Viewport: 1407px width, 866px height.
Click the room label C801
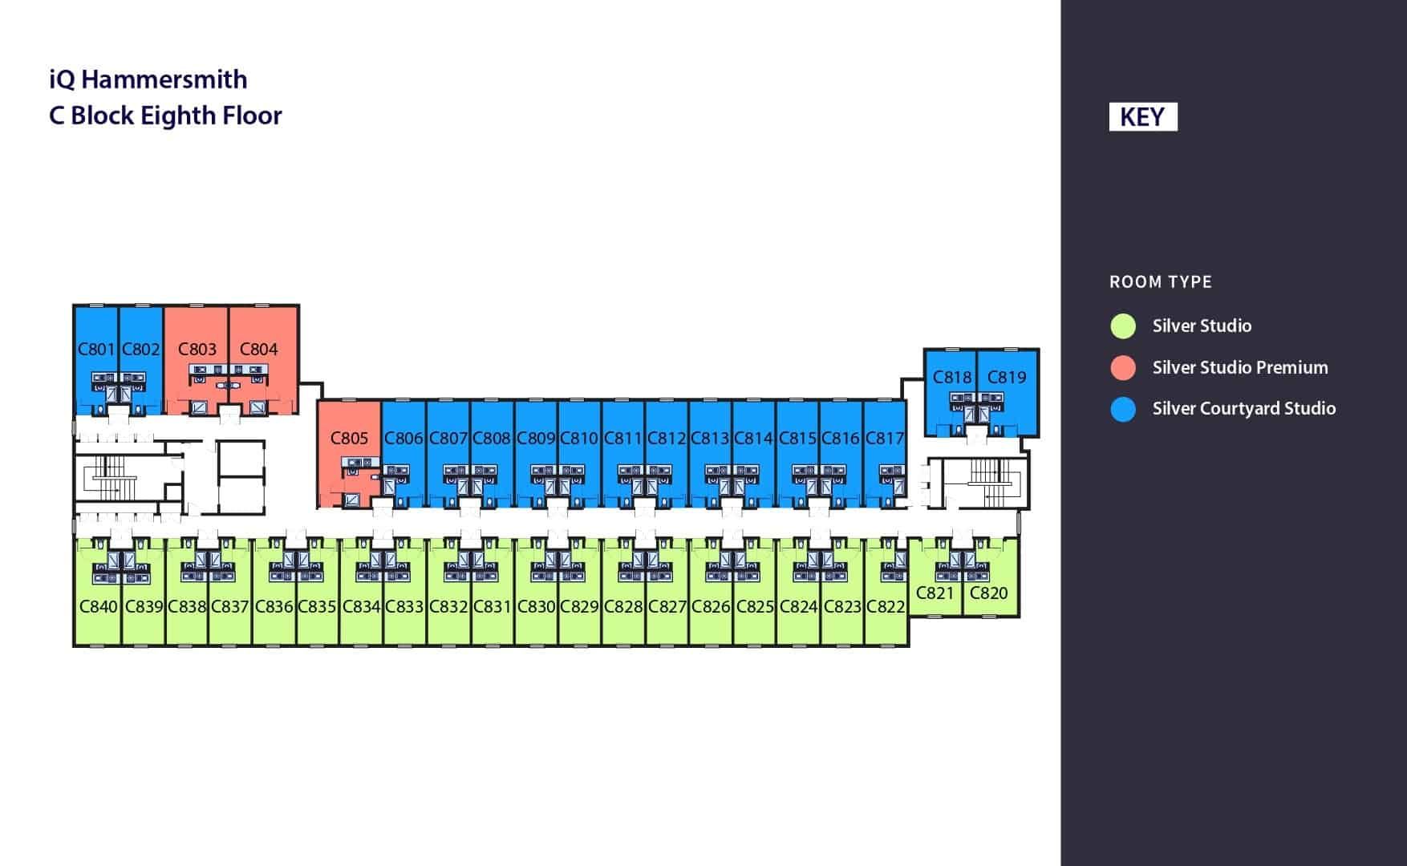tap(96, 350)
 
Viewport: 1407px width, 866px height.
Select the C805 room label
tap(349, 439)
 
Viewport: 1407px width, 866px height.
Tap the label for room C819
tap(1007, 378)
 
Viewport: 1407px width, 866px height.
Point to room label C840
tap(98, 607)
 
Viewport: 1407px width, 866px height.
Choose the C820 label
tap(988, 593)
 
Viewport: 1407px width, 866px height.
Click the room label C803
tap(197, 350)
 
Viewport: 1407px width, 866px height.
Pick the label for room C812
tap(667, 439)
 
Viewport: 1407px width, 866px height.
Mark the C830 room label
tap(536, 607)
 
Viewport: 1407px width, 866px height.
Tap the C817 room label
tap(885, 439)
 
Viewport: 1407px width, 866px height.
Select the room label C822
tap(886, 607)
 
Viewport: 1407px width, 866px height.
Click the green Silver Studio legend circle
tap(1123, 326)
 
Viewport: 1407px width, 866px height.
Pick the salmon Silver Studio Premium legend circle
tap(1123, 368)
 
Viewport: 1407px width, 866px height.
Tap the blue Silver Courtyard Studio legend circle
tap(1123, 409)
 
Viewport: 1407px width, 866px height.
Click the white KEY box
tap(1142, 117)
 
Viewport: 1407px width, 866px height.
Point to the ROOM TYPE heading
tap(1160, 282)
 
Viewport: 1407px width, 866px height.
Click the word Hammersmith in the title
tap(164, 79)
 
